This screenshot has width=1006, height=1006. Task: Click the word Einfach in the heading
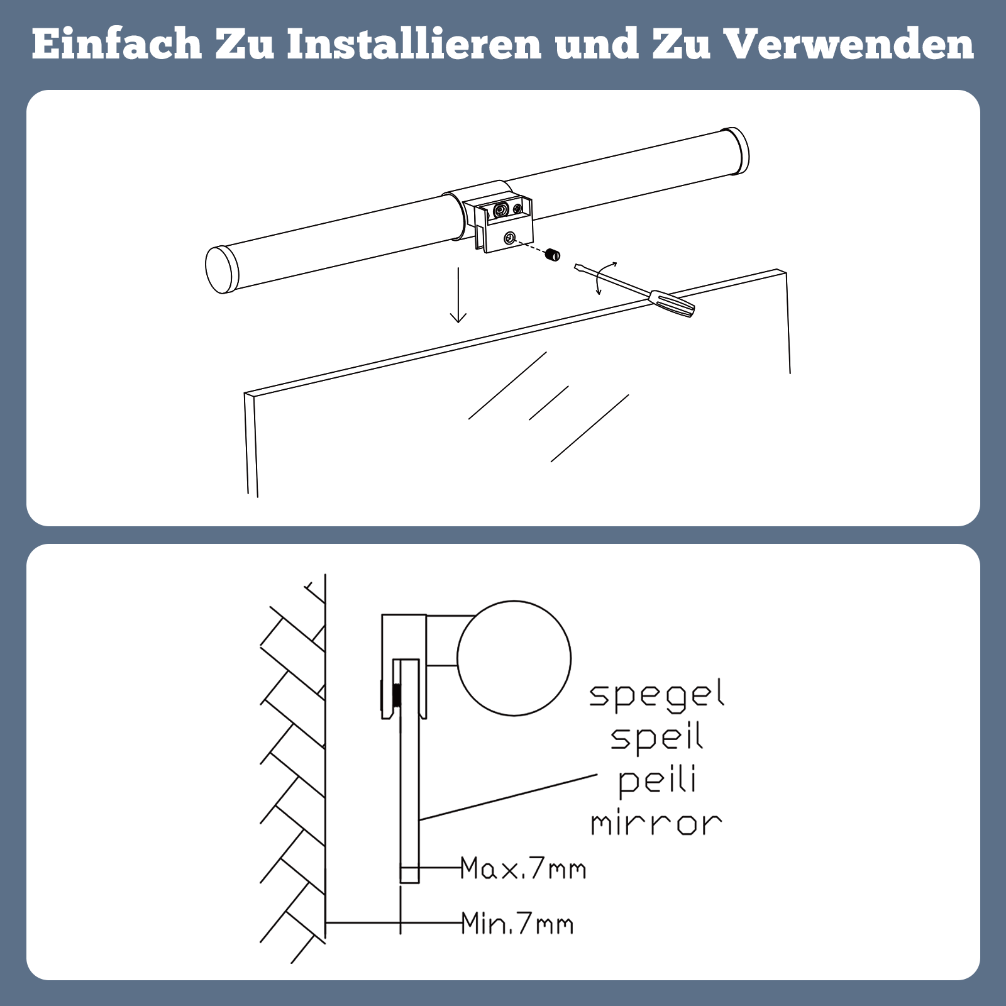tap(117, 44)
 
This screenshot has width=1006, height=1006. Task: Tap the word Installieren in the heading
tap(414, 44)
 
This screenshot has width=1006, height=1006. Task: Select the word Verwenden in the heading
tap(849, 44)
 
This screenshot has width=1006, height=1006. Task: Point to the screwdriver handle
tap(672, 303)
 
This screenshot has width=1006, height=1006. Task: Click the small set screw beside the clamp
tap(553, 255)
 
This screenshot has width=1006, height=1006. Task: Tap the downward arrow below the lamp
tap(458, 295)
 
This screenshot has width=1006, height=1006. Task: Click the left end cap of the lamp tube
tap(221, 270)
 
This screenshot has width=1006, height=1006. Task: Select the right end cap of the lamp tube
tap(734, 151)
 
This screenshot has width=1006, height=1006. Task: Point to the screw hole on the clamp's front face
tap(510, 238)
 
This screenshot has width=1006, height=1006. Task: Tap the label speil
tap(656, 738)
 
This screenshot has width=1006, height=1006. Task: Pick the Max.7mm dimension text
tap(523, 868)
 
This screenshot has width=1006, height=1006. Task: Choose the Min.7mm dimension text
tap(517, 924)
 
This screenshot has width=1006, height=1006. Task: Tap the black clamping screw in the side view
tap(397, 695)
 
